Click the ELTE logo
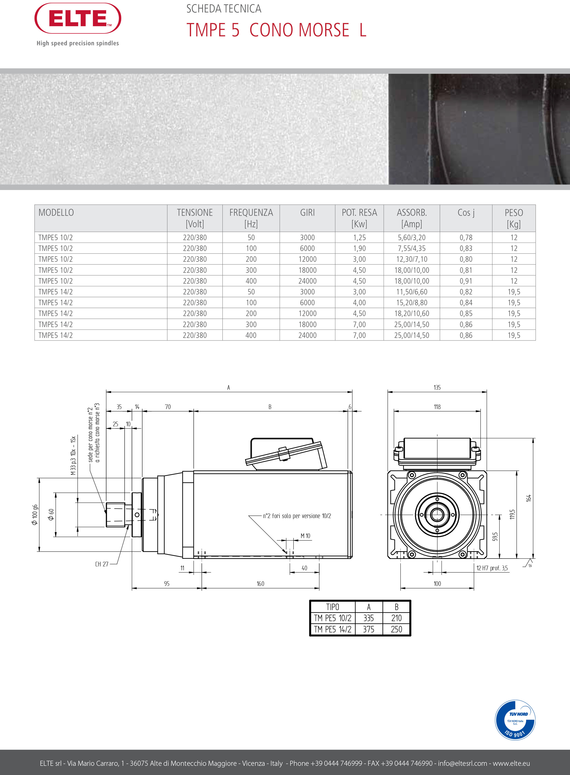click(x=78, y=18)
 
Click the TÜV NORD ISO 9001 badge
click(x=515, y=720)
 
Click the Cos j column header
click(x=466, y=213)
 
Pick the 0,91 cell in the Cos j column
click(x=466, y=281)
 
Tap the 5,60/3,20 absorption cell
click(x=412, y=238)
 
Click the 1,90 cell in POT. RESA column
click(x=359, y=248)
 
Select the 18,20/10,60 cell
click(x=412, y=314)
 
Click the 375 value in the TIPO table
click(x=368, y=629)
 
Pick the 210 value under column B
click(x=396, y=618)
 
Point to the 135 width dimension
click(x=437, y=387)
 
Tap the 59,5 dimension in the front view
click(x=495, y=536)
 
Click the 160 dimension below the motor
click(x=260, y=584)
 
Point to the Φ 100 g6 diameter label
click(x=34, y=515)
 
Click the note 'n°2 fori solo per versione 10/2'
click(x=297, y=516)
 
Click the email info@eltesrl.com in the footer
click(x=462, y=763)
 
